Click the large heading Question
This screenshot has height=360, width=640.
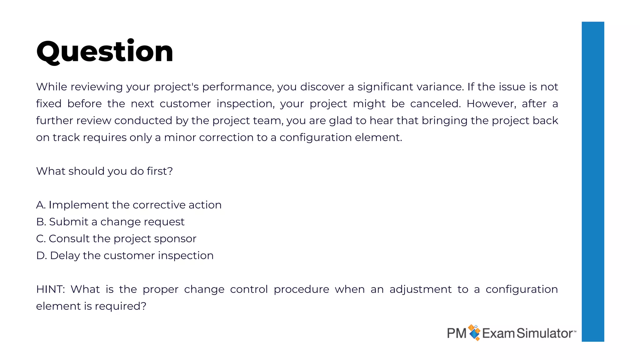105,52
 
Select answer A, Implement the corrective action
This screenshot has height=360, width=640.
129,205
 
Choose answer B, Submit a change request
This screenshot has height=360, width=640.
110,222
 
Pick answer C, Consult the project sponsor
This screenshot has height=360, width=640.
116,239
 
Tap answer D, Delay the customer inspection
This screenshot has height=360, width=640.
125,256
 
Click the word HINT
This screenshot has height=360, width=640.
50,289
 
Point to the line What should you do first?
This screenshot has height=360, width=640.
104,171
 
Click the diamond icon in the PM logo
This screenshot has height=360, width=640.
474,332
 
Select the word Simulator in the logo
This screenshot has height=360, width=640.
544,333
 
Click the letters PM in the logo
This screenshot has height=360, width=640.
456,333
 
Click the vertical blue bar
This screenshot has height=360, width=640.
592,181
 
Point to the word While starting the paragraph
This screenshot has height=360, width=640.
51,87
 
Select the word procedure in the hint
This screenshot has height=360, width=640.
301,289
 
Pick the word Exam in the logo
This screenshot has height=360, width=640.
498,333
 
